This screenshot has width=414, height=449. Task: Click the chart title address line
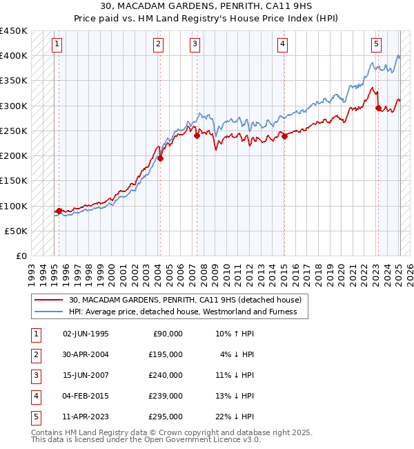(207, 7)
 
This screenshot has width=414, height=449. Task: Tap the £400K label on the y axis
(14, 56)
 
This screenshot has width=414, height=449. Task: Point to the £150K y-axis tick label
(14, 181)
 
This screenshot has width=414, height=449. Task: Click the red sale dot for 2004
(160, 158)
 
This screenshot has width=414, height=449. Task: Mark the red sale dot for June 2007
(197, 136)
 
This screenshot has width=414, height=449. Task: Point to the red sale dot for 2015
(284, 136)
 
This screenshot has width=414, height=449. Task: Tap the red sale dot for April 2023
(378, 108)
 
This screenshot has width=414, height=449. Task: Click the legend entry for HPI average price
(182, 312)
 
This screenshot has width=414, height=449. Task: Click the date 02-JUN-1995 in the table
(86, 334)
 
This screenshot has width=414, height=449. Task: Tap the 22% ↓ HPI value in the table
(234, 417)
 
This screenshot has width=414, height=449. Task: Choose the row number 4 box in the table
(35, 396)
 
